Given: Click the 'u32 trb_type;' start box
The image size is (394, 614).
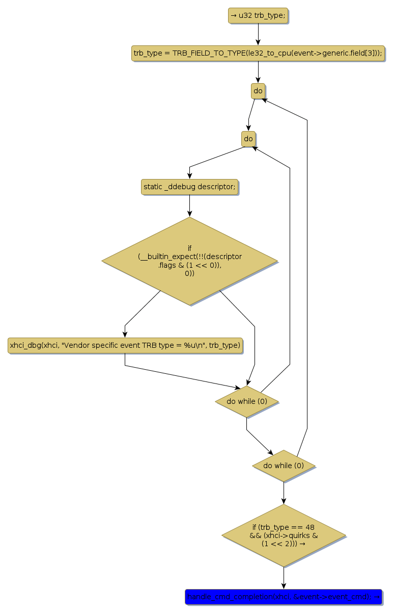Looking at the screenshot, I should [258, 16].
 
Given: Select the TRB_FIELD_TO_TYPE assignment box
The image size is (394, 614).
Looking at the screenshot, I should [258, 54].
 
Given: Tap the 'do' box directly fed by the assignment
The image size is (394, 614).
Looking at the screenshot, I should [258, 91].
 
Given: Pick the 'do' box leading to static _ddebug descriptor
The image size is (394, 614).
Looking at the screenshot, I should [248, 139].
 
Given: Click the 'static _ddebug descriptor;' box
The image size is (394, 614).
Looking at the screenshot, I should [189, 187].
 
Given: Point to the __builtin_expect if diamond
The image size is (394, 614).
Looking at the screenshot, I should [189, 261].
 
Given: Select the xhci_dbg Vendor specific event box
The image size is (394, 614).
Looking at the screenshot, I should [125, 346].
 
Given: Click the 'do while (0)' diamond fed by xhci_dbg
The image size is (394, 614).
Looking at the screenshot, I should [247, 401].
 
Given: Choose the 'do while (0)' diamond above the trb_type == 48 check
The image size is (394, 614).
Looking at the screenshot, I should [284, 466].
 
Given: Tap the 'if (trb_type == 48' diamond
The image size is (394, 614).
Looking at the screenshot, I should [284, 535].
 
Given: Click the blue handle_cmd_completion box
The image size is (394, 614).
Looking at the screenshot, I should [284, 597].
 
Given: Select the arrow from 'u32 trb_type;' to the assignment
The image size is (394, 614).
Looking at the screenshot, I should [258, 34].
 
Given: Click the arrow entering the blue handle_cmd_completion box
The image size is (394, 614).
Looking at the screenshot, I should [284, 578].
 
